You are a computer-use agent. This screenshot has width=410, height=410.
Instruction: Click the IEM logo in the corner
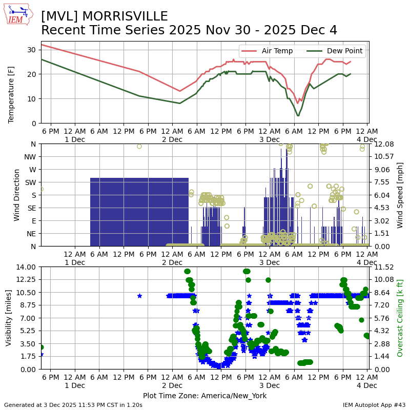coord(18,15)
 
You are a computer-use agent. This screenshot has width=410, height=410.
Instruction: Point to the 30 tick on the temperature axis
coord(31,50)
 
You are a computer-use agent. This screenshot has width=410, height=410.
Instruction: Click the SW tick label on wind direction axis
coord(31,182)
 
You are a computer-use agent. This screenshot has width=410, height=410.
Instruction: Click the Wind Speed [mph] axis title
coord(400,195)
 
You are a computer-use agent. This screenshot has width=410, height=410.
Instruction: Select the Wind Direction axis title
coord(17,195)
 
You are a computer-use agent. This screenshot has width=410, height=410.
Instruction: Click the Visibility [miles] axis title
coord(9,318)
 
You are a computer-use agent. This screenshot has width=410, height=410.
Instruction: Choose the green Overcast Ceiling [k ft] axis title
coord(400,318)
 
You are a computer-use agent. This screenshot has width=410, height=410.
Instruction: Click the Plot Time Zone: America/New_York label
coord(204,396)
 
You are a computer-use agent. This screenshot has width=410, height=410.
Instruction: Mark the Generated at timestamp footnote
coord(73,405)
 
